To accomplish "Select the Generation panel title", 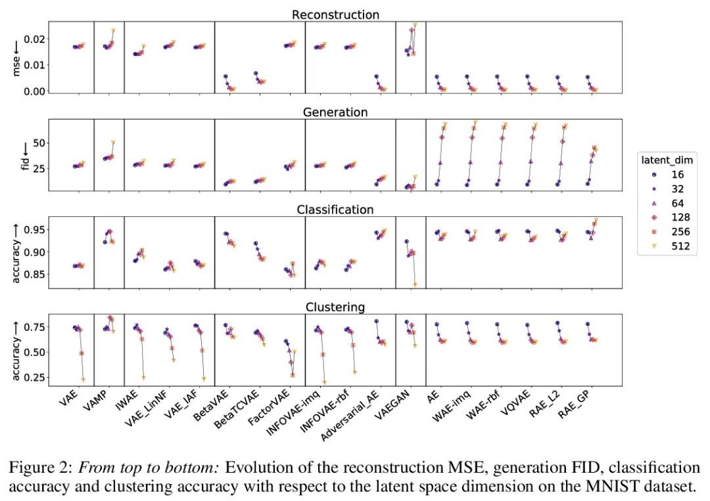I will coord(335,112).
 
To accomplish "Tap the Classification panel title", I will coord(335,209).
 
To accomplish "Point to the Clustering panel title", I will coord(335,306).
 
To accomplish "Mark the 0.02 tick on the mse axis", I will coord(35,39).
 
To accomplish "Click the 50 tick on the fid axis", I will coord(39,143).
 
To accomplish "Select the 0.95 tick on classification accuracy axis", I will coord(35,229).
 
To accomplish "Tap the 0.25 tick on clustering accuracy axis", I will coord(35,377).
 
